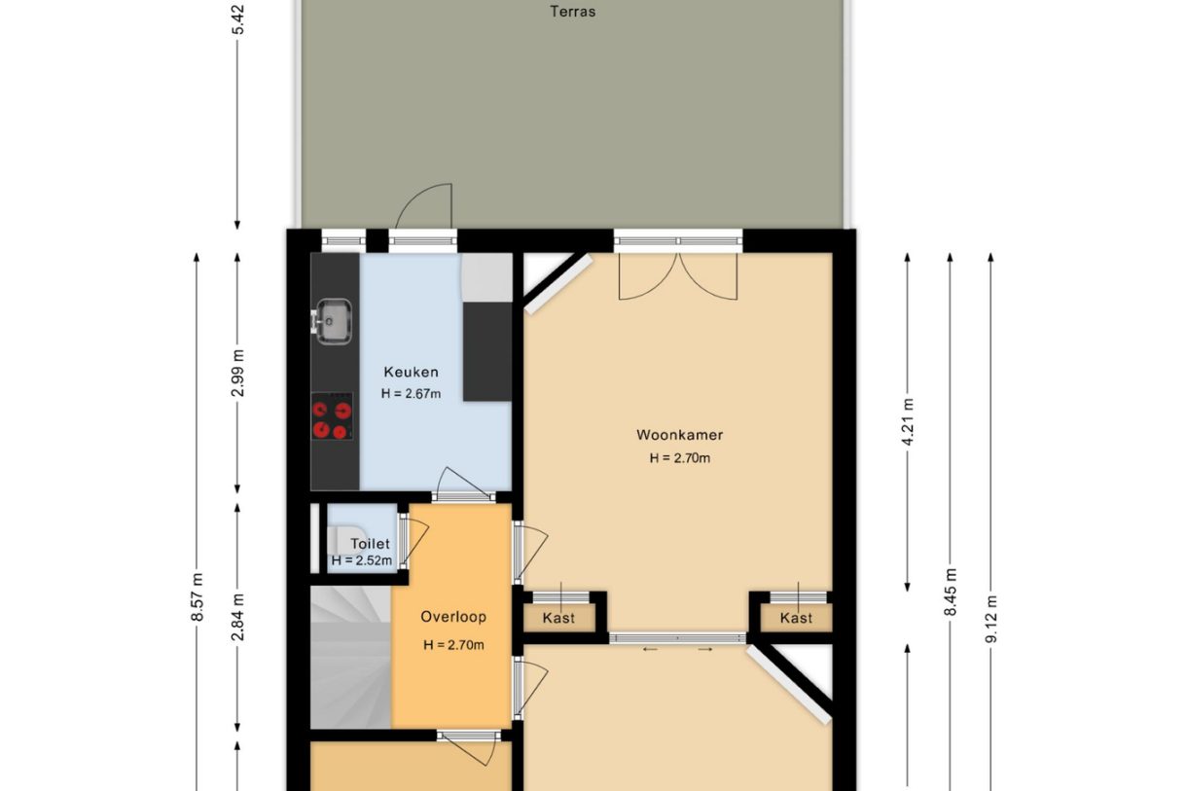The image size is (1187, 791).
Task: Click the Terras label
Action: point(572,13)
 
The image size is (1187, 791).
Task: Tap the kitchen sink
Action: point(334,320)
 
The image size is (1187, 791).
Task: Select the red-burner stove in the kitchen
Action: point(332,419)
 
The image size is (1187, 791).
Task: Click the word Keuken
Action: point(411,372)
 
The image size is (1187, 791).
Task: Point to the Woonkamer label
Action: point(679,435)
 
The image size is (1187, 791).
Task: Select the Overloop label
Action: point(452,617)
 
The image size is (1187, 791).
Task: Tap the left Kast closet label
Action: point(558,618)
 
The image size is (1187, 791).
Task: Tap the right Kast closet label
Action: point(796,618)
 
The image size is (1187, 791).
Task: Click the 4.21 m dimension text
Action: point(908,422)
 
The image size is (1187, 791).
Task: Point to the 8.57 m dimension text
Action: point(197,595)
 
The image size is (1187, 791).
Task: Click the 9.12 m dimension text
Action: point(990,617)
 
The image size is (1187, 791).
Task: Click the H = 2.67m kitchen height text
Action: point(411,394)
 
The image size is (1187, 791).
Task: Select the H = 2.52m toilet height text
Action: point(361,560)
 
